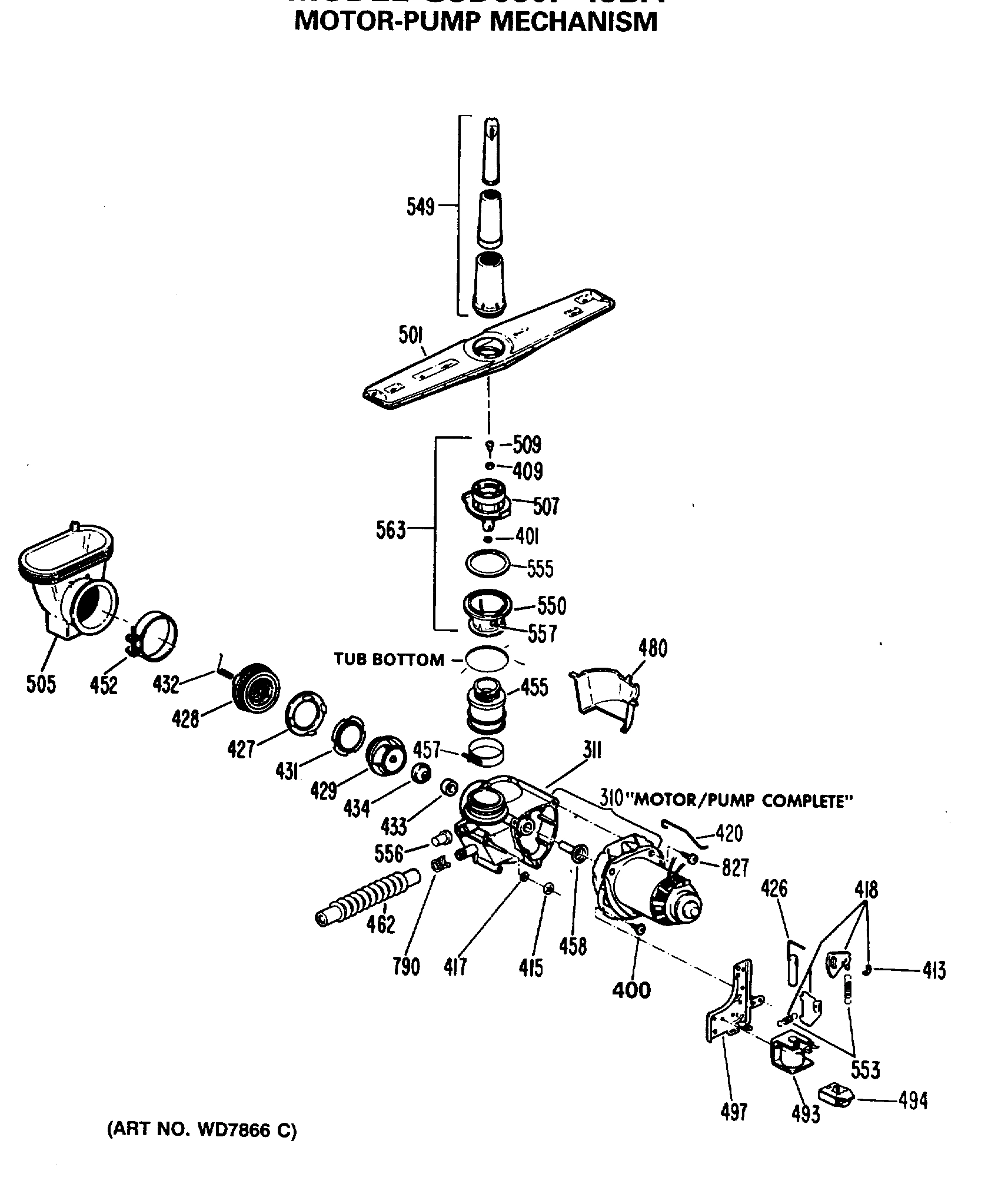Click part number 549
pos(420,207)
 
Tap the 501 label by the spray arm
pos(411,336)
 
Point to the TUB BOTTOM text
pos(389,659)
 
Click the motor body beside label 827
pos(641,889)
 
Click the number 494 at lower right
pos(913,1100)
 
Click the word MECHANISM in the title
pos(573,22)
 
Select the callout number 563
pos(391,530)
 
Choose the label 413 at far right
pos(934,970)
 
